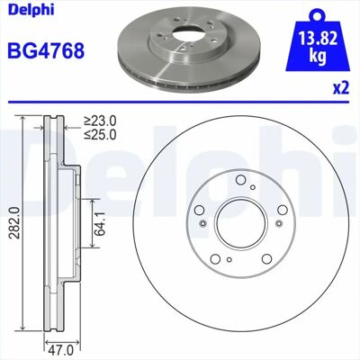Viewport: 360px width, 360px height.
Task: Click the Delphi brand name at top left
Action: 31,10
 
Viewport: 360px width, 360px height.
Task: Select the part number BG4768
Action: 46,50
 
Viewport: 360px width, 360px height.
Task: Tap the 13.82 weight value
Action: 318,39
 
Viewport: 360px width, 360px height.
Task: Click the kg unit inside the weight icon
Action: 318,56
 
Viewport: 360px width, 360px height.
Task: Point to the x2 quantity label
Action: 341,88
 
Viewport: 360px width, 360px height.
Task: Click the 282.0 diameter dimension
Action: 14,222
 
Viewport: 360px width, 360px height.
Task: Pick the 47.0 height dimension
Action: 61,350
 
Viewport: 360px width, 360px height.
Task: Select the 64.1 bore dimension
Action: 100,223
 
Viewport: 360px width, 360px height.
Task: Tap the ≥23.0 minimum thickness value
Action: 100,121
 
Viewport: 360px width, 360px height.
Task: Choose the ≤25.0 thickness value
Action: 100,135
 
